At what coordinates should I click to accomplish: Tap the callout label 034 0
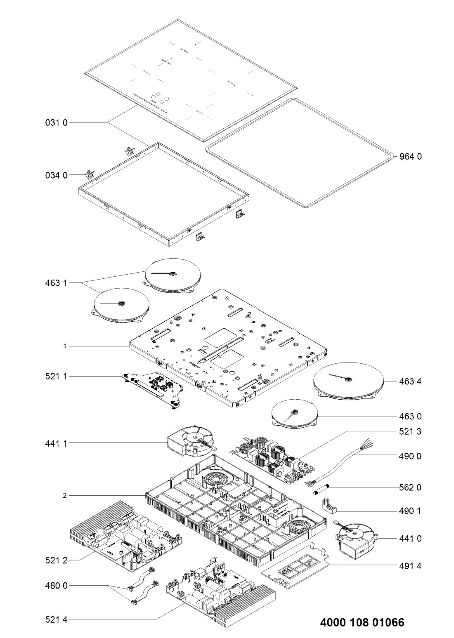tap(56, 175)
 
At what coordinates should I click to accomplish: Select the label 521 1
tap(56, 377)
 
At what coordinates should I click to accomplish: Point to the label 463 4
tap(410, 382)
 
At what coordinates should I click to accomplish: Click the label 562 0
tap(410, 487)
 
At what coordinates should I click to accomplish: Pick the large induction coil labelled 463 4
tap(348, 382)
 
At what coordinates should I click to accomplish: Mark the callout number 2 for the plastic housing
tap(65, 495)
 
